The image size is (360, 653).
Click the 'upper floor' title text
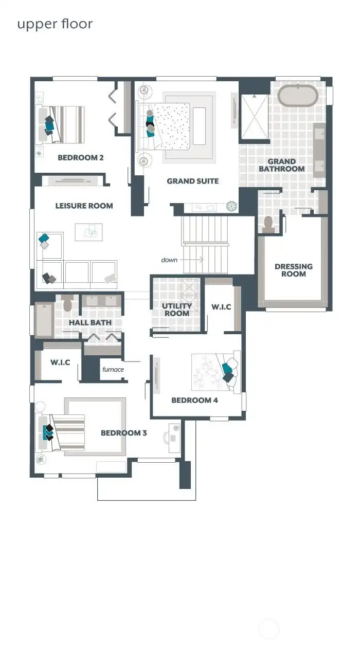pos(55,24)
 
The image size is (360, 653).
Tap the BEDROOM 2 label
pos(80,157)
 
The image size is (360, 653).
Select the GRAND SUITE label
pos(192,181)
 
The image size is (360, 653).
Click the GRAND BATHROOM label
pos(281,165)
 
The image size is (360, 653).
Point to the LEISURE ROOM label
pos(84,206)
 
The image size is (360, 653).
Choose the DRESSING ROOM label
pos(293,270)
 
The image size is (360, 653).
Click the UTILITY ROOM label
pos(176,310)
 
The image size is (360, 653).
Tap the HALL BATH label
pos(90,322)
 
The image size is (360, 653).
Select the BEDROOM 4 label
pos(194,400)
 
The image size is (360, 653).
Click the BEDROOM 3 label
pos(123,433)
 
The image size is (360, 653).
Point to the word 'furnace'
pos(113,369)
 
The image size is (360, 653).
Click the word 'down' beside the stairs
pos(169,260)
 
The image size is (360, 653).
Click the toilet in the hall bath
pos(67,304)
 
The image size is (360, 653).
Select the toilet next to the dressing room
pos(267,223)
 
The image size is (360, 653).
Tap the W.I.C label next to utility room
pos(221,307)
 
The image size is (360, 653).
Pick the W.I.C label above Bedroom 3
pos(60,362)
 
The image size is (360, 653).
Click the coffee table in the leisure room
pos(88,232)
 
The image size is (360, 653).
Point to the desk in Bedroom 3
pos(174,434)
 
